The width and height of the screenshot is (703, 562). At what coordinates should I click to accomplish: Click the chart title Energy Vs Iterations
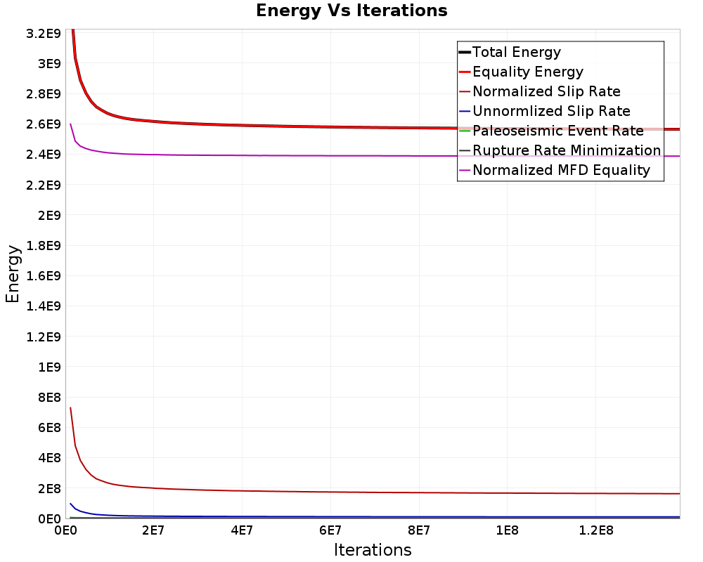pos(351,11)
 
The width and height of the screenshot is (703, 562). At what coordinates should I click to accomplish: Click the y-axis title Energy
pos(13,274)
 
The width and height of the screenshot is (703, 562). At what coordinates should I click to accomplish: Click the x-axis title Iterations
pos(373,549)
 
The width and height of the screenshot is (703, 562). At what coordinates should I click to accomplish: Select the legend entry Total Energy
pos(517,52)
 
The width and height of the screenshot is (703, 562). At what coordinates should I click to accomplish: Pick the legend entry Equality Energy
pos(528,72)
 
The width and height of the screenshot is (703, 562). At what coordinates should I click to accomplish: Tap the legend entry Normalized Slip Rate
pos(546,91)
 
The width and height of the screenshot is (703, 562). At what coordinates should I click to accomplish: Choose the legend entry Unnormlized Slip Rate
pos(551,111)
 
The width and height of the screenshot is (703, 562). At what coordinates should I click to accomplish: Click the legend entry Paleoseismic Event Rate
pos(558,131)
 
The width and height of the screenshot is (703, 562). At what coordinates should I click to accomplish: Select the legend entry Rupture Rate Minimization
pos(567,150)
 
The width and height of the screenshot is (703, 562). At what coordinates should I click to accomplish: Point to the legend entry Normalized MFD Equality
pos(561,170)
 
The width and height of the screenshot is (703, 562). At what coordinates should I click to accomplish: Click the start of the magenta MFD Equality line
pos(70,124)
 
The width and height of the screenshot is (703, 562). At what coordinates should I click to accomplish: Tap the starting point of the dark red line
pos(70,407)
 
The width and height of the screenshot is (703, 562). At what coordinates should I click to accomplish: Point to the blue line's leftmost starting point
pos(70,504)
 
